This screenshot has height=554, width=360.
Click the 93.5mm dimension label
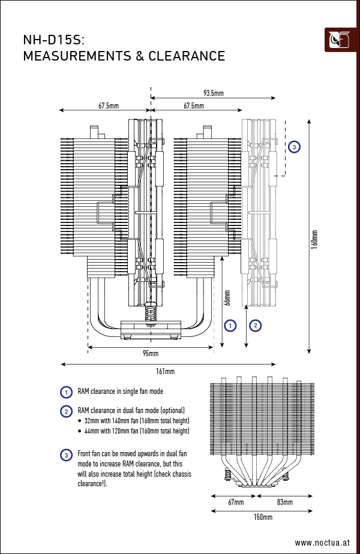pyautogui.click(x=214, y=93)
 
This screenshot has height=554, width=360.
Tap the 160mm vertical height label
pyautogui.click(x=314, y=239)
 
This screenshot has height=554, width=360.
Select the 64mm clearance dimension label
pyautogui.click(x=227, y=298)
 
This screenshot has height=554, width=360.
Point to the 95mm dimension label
pyautogui.click(x=150, y=354)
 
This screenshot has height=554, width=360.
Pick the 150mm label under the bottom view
pyautogui.click(x=263, y=517)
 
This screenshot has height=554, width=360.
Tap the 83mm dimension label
pyautogui.click(x=285, y=502)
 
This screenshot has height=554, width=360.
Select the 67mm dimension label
pyautogui.click(x=236, y=502)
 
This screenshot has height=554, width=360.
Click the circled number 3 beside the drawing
pyautogui.click(x=293, y=146)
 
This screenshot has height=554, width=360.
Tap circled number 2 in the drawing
pyautogui.click(x=256, y=326)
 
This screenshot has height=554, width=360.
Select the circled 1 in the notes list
pyautogui.click(x=67, y=392)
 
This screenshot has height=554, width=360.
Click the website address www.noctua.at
pyautogui.click(x=322, y=542)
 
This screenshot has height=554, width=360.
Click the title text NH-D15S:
pyautogui.click(x=53, y=40)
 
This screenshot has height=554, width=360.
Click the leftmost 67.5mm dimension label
pyautogui.click(x=109, y=106)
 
